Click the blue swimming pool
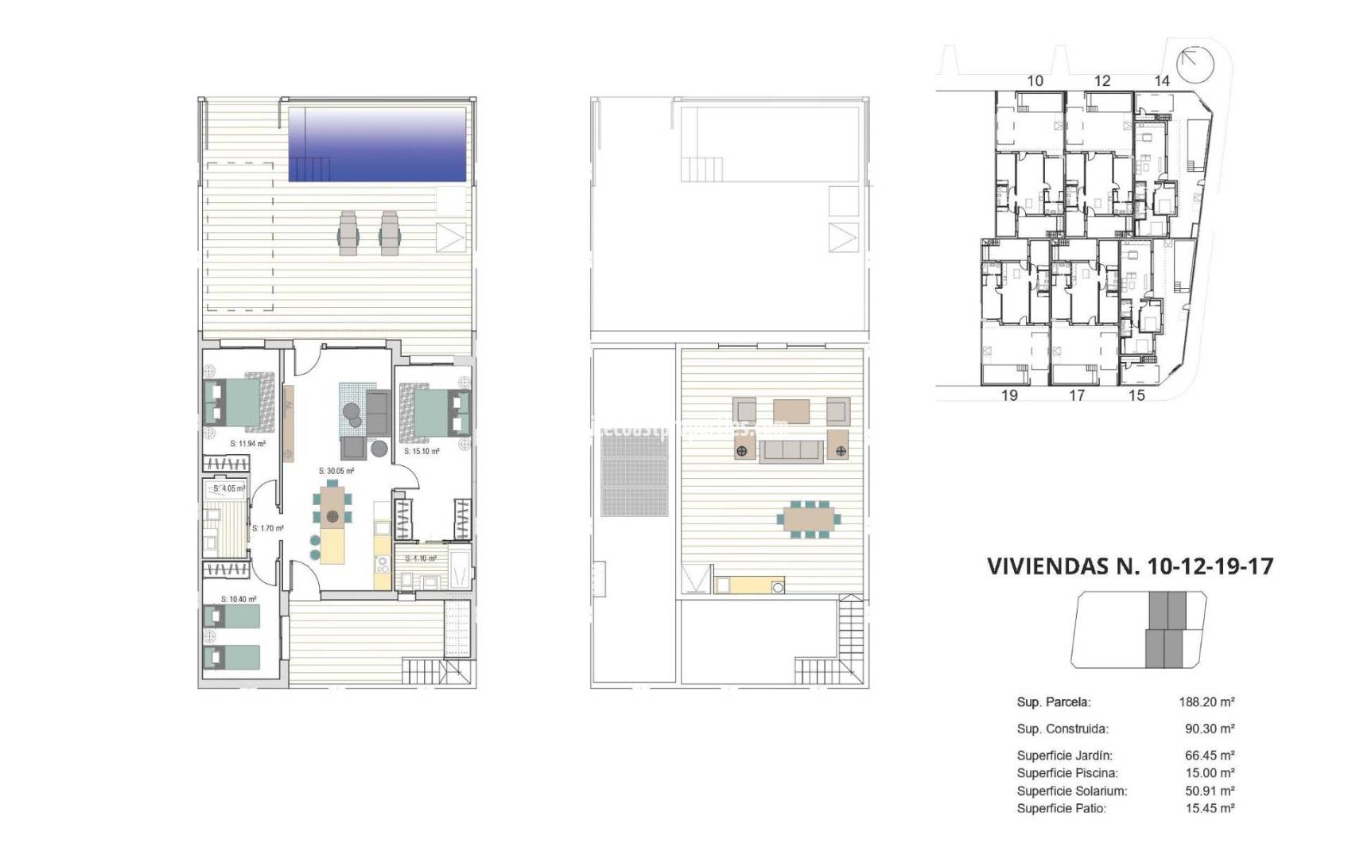tap(377, 144)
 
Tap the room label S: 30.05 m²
tap(336, 471)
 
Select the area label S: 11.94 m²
tap(248, 444)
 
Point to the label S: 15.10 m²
tap(422, 451)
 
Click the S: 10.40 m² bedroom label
tap(239, 599)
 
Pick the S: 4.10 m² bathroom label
tap(421, 558)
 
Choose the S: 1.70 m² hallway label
tap(268, 528)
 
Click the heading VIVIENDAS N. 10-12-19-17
tap(1129, 566)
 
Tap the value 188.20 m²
tap(1206, 702)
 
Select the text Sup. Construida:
tap(1063, 729)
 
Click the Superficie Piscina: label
tap(1067, 773)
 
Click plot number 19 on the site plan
tap(1009, 395)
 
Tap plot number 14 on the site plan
tap(1162, 80)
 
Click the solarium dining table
tap(809, 519)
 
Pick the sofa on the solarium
tap(791, 451)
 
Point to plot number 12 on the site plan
tap(1101, 80)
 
